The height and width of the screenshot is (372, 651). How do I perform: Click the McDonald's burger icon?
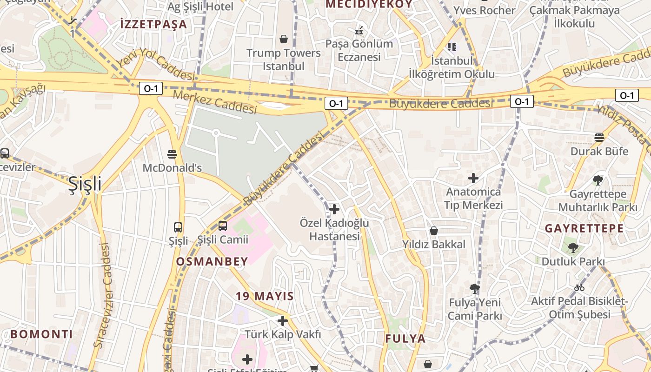coord(172,154)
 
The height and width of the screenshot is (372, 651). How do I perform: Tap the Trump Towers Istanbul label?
coord(284,60)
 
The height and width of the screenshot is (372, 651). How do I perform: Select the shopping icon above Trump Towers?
coord(284,39)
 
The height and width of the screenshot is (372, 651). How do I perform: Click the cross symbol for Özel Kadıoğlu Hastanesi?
coord(334,209)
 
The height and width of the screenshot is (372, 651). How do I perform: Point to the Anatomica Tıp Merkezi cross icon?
coord(473,178)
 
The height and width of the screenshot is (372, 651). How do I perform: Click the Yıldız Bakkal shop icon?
coord(434,231)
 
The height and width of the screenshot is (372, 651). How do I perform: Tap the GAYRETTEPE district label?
coord(584,228)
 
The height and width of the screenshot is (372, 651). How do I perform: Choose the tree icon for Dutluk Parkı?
coord(573,248)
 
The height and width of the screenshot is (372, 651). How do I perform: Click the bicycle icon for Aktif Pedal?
coord(579,287)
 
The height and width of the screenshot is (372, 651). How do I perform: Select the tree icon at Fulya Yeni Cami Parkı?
coord(475,289)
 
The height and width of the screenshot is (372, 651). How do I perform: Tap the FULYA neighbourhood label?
coord(405,339)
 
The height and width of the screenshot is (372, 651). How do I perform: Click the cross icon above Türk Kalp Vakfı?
coord(283,321)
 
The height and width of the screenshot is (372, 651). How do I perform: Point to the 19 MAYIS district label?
coord(265,296)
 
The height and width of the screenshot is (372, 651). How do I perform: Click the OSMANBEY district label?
coord(212,262)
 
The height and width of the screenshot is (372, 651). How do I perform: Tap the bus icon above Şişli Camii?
coord(223,226)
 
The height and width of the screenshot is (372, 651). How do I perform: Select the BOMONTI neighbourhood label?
coord(42,334)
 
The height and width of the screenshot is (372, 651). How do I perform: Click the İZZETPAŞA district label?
coord(153,24)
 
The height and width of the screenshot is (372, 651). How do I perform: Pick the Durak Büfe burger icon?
coord(599,138)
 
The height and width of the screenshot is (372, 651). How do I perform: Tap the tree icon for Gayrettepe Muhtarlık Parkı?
coord(598,180)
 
